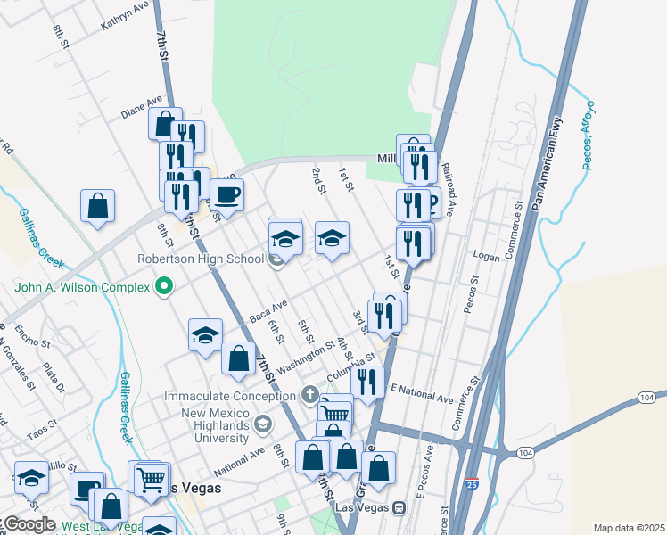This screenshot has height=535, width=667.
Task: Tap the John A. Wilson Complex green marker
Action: [163, 286]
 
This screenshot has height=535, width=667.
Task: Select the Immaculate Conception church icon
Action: [309, 393]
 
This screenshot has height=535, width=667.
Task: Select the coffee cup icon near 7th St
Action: [226, 194]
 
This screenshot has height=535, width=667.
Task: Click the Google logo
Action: [29, 524]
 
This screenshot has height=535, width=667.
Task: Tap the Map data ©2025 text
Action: [629, 528]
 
